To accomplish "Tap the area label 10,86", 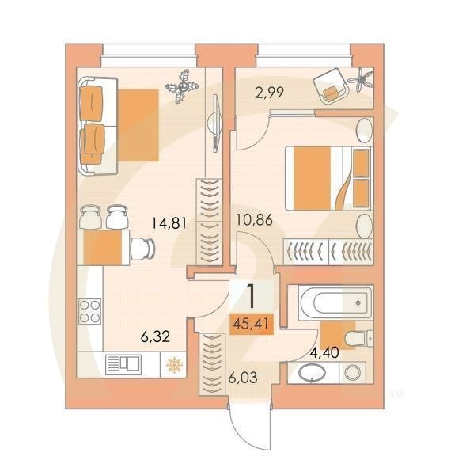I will (x=253, y=221).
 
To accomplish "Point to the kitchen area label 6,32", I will (x=157, y=336).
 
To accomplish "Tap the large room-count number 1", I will (x=252, y=296).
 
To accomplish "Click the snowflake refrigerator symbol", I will (x=172, y=365).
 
